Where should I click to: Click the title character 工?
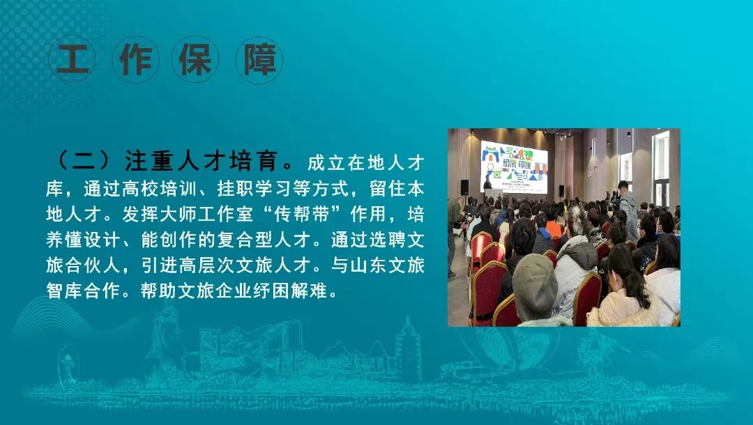tap(73, 59)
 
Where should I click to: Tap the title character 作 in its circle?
tap(136, 60)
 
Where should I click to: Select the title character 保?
tap(195, 60)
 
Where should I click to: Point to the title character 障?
tap(260, 60)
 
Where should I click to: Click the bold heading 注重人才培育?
tap(201, 161)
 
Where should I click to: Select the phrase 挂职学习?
tap(254, 189)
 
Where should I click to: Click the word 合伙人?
tap(93, 265)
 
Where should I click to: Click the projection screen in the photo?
tap(515, 167)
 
